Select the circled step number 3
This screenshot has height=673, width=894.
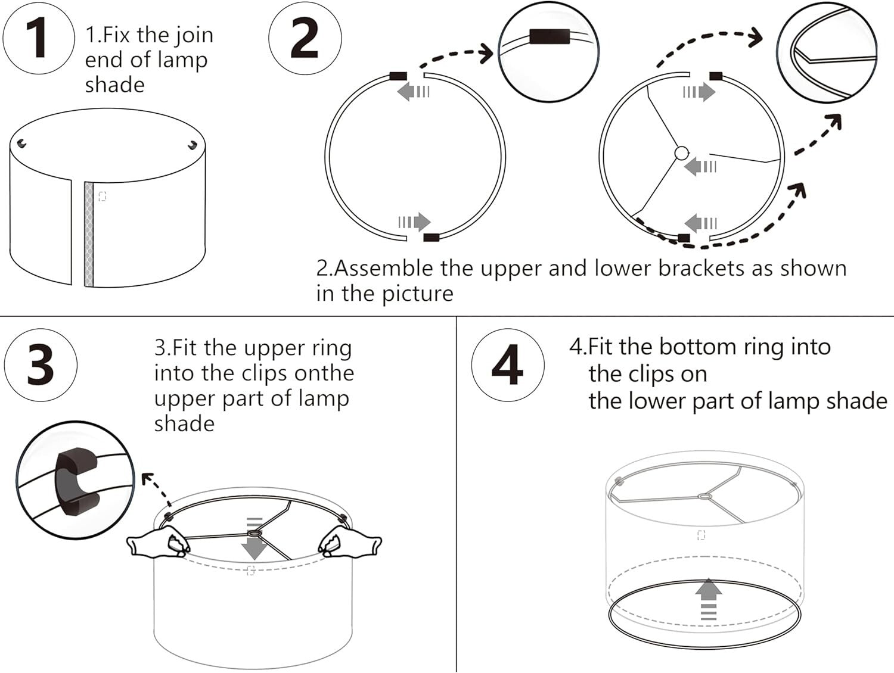tap(41, 364)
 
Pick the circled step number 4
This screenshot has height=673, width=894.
tap(507, 364)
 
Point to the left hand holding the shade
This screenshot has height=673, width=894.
tap(159, 544)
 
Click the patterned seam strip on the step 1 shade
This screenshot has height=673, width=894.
tap(90, 233)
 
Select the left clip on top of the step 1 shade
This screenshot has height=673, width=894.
tap(22, 144)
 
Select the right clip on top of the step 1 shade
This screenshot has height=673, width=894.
tap(192, 145)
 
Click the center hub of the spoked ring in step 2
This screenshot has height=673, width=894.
tap(681, 154)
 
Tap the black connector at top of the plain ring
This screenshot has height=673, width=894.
tap(398, 76)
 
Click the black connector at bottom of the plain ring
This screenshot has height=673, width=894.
tap(431, 238)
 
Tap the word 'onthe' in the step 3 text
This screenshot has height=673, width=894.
tap(324, 373)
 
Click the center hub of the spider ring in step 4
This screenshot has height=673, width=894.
tap(705, 496)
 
